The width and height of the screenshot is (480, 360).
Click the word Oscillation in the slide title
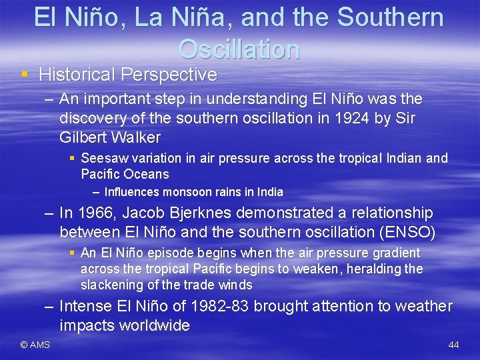click(239, 49)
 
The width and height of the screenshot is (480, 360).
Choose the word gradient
click(391, 253)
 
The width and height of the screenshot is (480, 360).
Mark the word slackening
click(111, 285)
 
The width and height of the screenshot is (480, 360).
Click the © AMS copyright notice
click(35, 345)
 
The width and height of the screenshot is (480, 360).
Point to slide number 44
click(453, 345)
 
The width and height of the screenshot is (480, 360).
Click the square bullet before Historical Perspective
click(25, 75)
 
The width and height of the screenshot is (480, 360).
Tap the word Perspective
click(175, 75)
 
